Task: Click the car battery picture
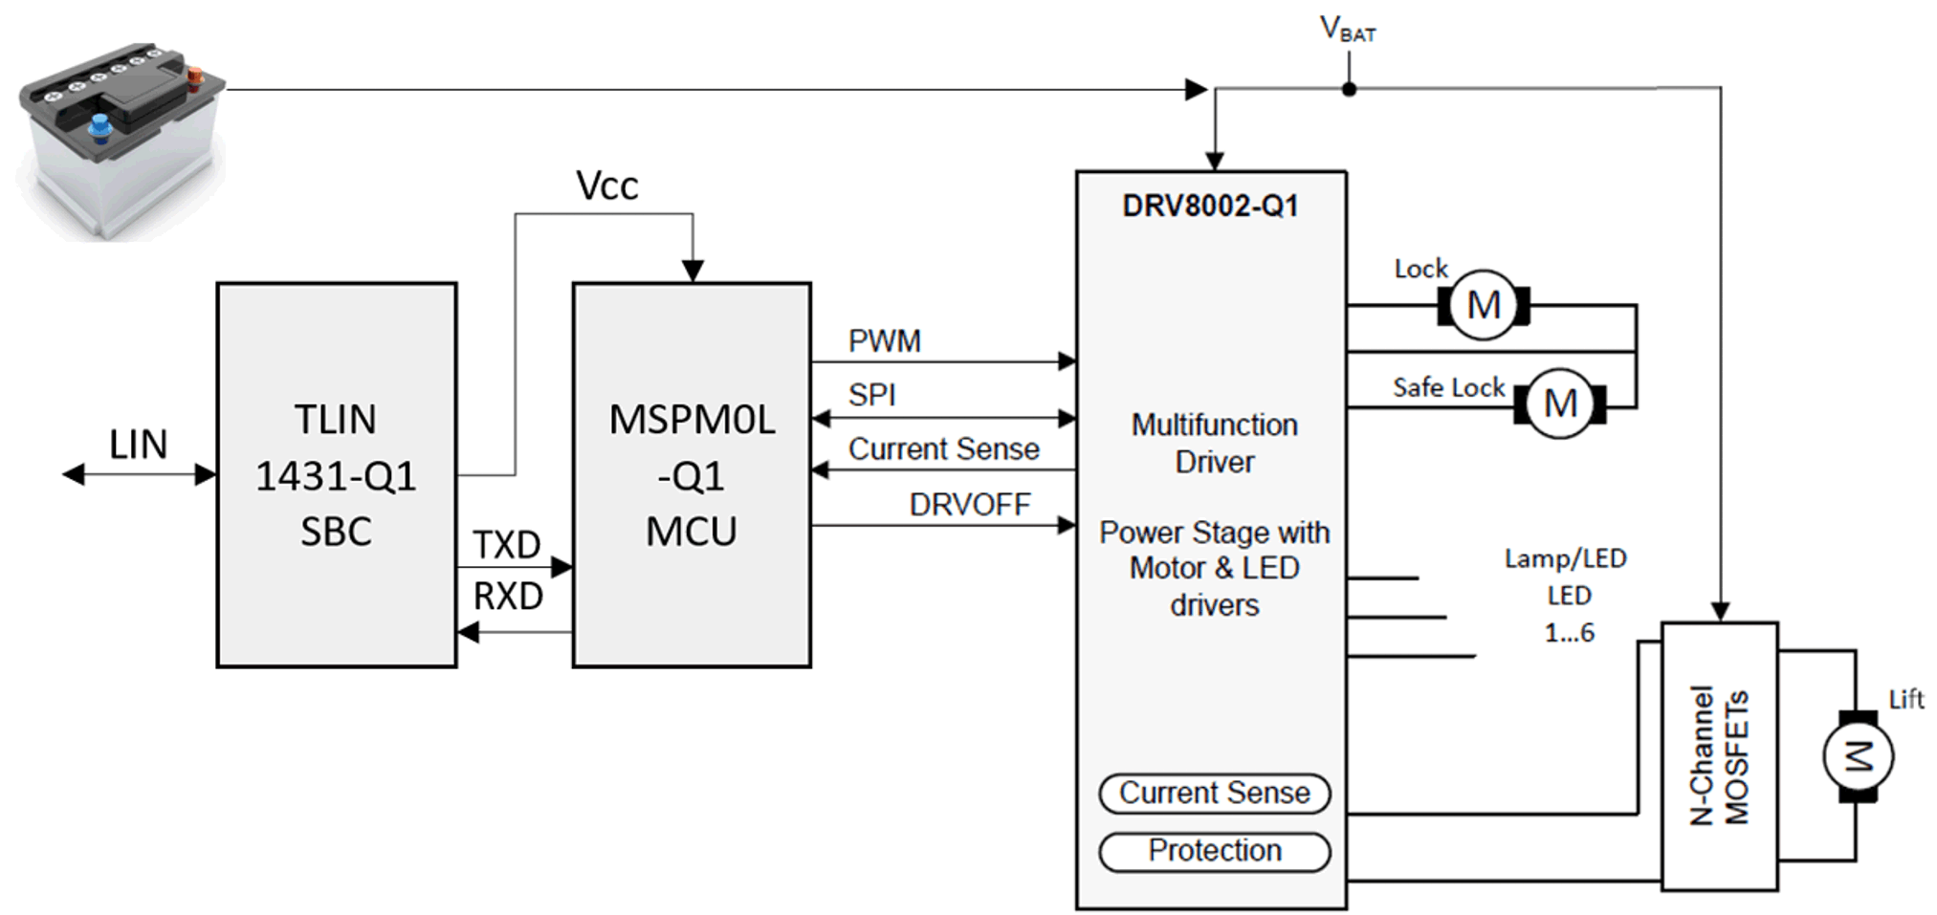point(120,139)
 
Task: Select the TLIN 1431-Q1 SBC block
point(336,474)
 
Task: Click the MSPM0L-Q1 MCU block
point(691,474)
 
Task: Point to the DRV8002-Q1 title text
point(1210,207)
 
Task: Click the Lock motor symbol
point(1483,306)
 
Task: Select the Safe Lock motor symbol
point(1559,403)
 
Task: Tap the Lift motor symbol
point(1858,757)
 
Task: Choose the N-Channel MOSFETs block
point(1719,755)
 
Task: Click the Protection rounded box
point(1214,851)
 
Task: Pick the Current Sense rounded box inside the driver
point(1214,794)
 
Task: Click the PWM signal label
point(884,341)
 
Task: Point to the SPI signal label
point(871,395)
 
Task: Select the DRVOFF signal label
point(969,505)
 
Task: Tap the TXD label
point(507,546)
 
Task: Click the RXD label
point(508,597)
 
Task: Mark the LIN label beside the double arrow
point(138,445)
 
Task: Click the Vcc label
point(606,185)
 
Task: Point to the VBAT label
point(1347,31)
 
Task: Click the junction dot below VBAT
point(1349,90)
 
